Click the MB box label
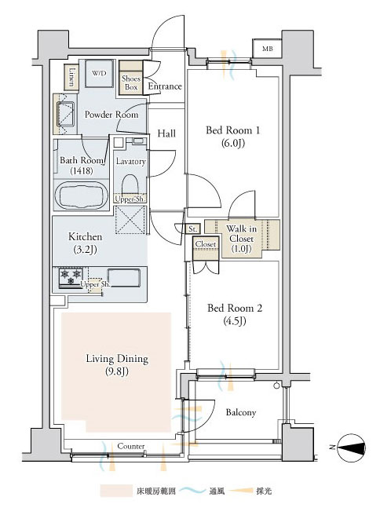tap(267, 49)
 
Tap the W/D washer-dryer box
tap(99, 74)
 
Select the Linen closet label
tap(73, 77)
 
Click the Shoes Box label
tap(131, 82)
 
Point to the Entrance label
tap(165, 86)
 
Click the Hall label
tap(166, 133)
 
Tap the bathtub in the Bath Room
tap(82, 196)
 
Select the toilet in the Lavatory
tap(130, 185)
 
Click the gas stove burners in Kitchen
tap(71, 278)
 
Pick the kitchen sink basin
tap(124, 278)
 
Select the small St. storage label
tap(193, 229)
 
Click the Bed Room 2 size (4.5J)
tap(235, 321)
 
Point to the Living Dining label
tap(117, 359)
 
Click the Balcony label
tap(241, 412)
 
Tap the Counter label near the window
tap(131, 446)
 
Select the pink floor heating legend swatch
tap(116, 492)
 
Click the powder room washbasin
tap(66, 114)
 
